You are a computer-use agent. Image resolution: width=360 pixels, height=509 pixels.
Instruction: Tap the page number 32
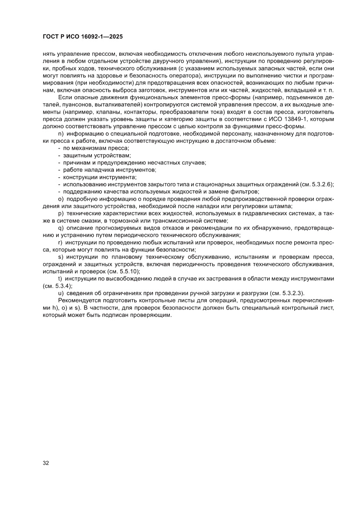(x=46, y=462)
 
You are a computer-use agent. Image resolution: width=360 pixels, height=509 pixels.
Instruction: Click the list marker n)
(x=61, y=134)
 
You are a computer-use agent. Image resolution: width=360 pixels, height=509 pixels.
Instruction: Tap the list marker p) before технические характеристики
(x=61, y=213)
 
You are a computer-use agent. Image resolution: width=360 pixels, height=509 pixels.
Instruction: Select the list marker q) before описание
(x=61, y=228)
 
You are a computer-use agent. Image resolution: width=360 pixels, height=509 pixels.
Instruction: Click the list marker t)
(x=60, y=278)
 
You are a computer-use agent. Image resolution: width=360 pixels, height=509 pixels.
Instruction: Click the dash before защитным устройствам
(x=59, y=155)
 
